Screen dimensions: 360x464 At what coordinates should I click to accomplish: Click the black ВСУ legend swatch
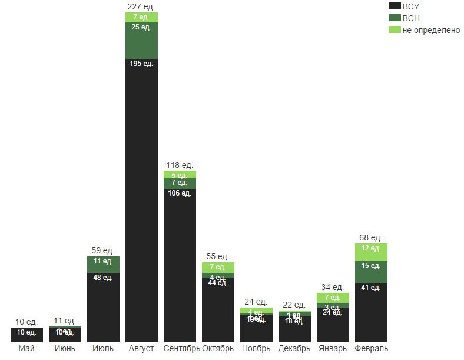click(x=395, y=6)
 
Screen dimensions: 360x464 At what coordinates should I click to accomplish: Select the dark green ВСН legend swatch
click(x=395, y=18)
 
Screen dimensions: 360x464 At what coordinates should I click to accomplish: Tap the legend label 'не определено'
click(x=431, y=30)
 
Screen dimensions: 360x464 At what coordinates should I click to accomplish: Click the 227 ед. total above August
click(x=141, y=6)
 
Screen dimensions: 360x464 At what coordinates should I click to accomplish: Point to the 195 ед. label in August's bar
click(x=141, y=64)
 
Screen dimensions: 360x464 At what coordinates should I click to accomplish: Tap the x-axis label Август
click(x=141, y=349)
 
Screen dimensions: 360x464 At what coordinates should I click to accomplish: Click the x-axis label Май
click(x=26, y=349)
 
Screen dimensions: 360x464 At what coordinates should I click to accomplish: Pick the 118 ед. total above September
click(x=180, y=165)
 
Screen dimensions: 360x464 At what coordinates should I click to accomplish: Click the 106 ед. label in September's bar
click(x=180, y=193)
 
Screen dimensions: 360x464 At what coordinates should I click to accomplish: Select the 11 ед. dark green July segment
click(x=103, y=264)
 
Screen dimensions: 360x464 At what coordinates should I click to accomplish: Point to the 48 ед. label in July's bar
click(x=103, y=278)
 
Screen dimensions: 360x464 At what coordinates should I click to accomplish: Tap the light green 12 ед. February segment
click(x=371, y=252)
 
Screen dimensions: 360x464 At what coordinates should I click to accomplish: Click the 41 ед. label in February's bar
click(x=371, y=288)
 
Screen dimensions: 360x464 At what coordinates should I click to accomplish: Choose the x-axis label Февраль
click(x=371, y=349)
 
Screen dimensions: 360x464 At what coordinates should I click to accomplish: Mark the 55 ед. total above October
click(x=218, y=256)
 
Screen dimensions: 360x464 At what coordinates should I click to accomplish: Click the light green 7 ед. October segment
click(x=218, y=267)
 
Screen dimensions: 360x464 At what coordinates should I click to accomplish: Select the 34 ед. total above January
click(x=333, y=287)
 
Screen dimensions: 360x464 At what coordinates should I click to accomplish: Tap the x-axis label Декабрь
click(x=294, y=349)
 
